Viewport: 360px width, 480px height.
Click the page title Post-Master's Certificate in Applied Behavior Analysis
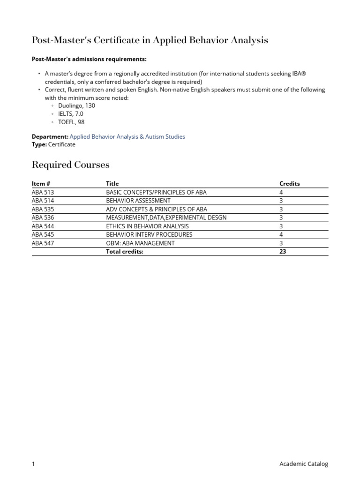(150, 40)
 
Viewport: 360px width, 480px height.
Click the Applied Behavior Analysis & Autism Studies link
(127, 136)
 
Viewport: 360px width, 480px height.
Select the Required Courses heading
(70, 165)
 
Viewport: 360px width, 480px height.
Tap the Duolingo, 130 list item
(76, 106)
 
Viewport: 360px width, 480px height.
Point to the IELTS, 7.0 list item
(71, 114)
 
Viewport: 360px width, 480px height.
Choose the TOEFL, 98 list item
(71, 122)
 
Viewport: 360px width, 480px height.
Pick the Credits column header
(289, 184)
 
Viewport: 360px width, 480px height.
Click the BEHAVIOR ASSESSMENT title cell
(138, 201)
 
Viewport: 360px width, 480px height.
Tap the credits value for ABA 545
(281, 234)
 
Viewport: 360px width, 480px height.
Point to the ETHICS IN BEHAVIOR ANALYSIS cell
(147, 226)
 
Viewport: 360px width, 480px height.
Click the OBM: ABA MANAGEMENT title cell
(140, 243)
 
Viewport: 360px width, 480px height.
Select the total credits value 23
(283, 251)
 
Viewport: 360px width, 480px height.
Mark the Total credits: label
(125, 251)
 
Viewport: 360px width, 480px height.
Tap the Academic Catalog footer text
(304, 464)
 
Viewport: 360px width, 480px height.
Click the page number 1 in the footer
(33, 464)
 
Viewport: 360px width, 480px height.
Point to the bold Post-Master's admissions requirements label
(89, 59)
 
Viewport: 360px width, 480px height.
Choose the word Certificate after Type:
(61, 144)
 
